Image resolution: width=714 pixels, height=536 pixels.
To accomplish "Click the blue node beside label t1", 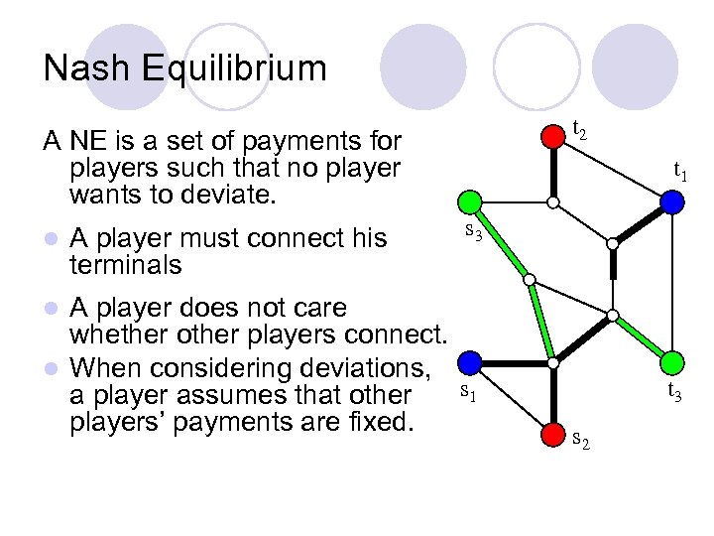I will [672, 201].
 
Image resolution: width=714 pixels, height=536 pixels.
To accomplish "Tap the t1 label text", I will [681, 170].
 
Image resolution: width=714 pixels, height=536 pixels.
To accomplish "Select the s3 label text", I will [474, 233].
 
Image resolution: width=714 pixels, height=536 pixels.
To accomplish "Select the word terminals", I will [126, 265].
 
